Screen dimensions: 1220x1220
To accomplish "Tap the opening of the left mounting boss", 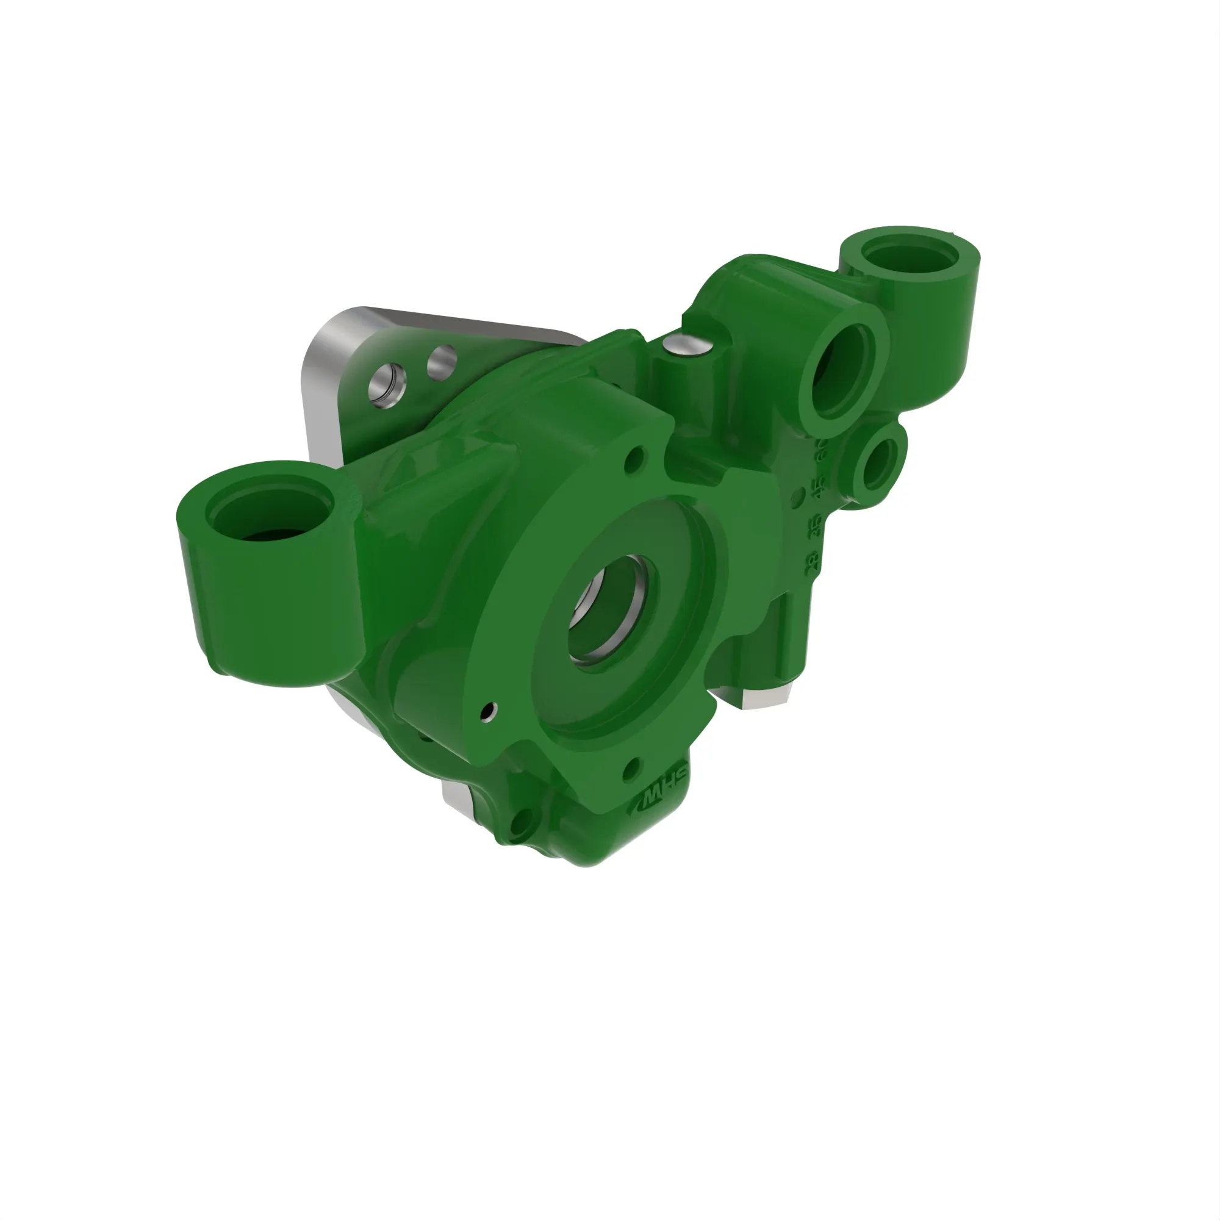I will click(271, 518).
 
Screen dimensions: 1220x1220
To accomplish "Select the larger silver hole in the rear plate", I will click(387, 384).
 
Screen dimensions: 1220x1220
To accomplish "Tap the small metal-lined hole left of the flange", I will click(487, 712).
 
